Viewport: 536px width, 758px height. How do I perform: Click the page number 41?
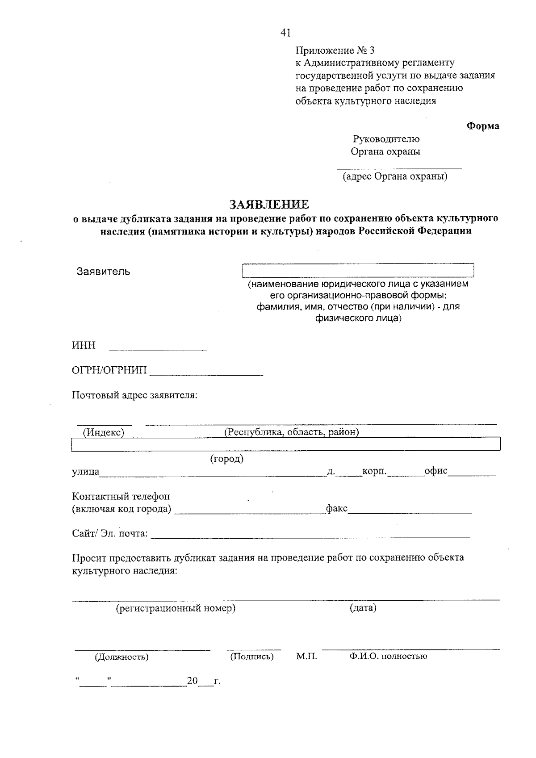(x=285, y=33)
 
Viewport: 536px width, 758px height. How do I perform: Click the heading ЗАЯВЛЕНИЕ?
(x=269, y=205)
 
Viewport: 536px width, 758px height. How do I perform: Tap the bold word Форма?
(x=483, y=126)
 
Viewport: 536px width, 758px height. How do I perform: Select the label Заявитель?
(x=103, y=272)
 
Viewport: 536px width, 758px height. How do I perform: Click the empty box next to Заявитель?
(x=357, y=271)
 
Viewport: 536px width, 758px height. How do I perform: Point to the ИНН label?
(x=84, y=346)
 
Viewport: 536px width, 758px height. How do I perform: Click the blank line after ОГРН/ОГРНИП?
(x=206, y=372)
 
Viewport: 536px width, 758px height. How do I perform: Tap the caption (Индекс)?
(x=103, y=432)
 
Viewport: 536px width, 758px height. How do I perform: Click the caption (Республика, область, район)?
(x=292, y=432)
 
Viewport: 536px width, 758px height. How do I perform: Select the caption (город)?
(x=226, y=459)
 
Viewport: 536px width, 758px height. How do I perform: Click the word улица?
(x=85, y=472)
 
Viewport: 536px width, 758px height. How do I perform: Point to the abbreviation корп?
(x=374, y=471)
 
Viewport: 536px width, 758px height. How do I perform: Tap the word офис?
(x=436, y=471)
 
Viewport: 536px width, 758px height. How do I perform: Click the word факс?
(x=337, y=508)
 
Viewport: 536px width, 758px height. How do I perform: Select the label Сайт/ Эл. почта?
(x=110, y=533)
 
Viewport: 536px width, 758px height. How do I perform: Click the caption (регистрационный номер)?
(x=176, y=608)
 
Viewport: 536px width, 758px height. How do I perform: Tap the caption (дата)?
(x=363, y=608)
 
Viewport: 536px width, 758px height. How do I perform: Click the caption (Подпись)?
(x=252, y=657)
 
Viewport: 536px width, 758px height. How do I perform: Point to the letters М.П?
(x=306, y=657)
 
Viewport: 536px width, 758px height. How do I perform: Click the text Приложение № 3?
(x=335, y=50)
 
